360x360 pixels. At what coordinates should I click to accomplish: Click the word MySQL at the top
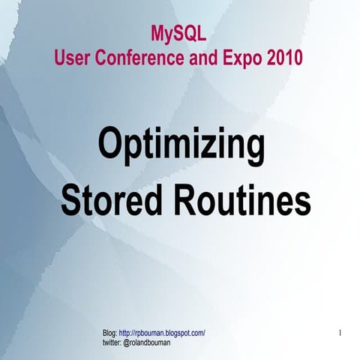[178, 34]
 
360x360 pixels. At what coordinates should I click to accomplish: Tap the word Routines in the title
[243, 200]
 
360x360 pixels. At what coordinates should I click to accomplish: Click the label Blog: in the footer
[109, 332]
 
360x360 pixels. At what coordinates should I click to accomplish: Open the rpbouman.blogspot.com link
[162, 332]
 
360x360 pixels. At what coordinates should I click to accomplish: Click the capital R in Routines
[187, 200]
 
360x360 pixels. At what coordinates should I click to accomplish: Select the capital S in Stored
[72, 200]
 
